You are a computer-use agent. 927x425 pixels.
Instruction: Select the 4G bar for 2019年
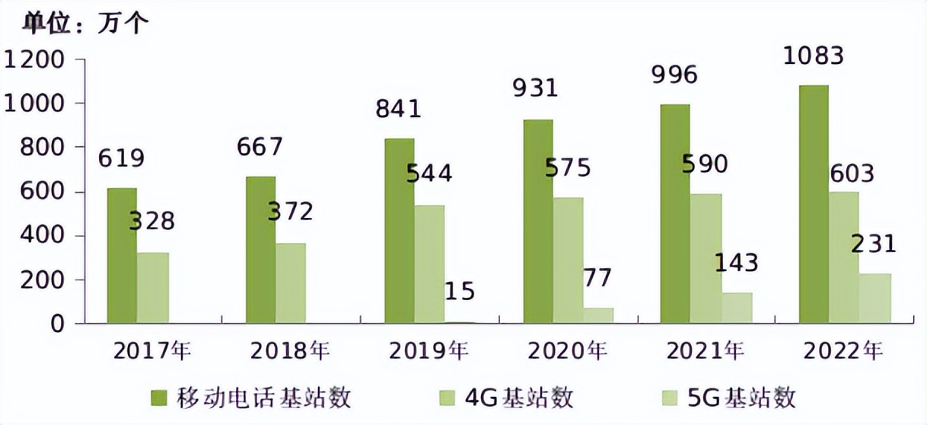coord(429,264)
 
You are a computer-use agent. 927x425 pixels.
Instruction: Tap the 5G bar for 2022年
coord(875,299)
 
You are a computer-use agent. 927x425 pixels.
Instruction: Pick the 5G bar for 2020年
coord(598,315)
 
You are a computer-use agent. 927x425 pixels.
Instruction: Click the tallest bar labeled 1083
coord(814,204)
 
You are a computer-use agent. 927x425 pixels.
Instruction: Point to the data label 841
coord(398,108)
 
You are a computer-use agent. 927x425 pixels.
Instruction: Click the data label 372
coord(290,211)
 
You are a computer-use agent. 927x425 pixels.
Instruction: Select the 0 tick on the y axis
coord(67,324)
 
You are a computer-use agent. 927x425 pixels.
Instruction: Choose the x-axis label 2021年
coord(705,351)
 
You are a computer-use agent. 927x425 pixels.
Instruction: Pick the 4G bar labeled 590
coord(706,259)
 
